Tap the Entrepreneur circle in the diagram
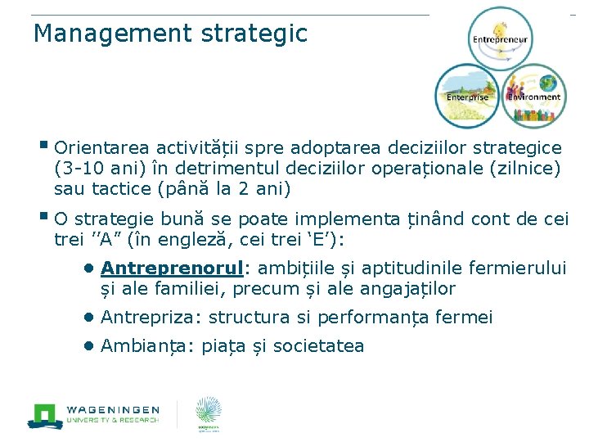[498, 38]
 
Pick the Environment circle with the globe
[534, 95]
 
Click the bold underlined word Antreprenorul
[173, 268]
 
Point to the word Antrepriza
[151, 318]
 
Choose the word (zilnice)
[525, 169]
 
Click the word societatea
[318, 346]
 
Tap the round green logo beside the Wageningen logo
[208, 413]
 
